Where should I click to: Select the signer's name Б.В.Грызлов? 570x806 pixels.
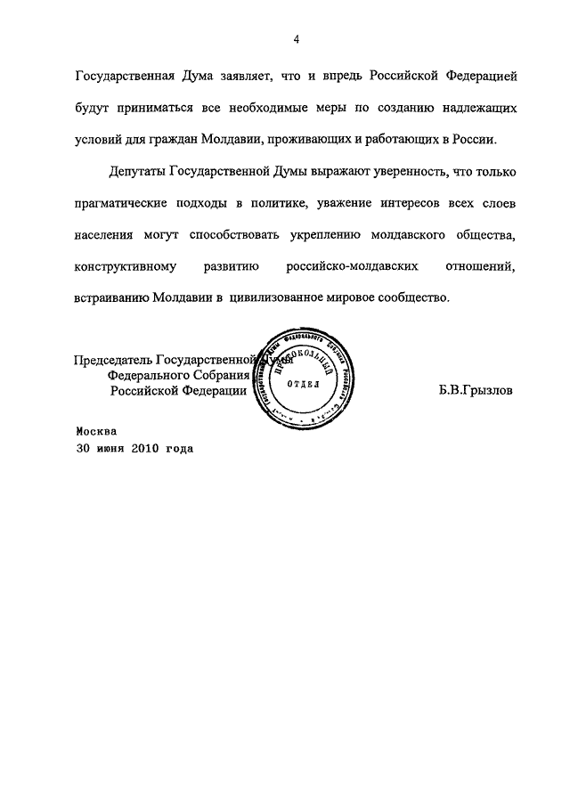coord(476,389)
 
